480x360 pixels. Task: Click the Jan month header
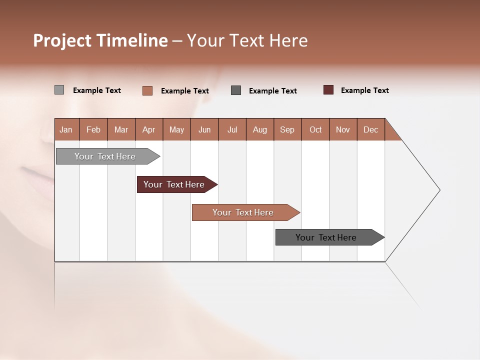coord(66,129)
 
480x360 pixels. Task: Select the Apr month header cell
coord(149,129)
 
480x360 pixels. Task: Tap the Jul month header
coord(232,129)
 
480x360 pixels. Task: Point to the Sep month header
coord(287,129)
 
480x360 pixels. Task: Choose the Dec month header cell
coord(370,129)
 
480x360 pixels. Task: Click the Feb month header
coord(93,129)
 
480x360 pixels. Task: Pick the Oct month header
coord(315,129)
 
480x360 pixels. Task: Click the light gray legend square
coord(59,90)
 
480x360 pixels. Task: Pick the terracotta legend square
coord(147,90)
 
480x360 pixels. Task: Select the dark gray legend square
coord(236,90)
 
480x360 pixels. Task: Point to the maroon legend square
coord(328,90)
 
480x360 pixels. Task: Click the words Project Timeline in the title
coord(100,40)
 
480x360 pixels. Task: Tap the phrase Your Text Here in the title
coord(247,40)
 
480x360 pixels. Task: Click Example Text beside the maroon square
coord(364,90)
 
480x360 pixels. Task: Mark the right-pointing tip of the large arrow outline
coord(439,190)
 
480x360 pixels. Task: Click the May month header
coord(176,129)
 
